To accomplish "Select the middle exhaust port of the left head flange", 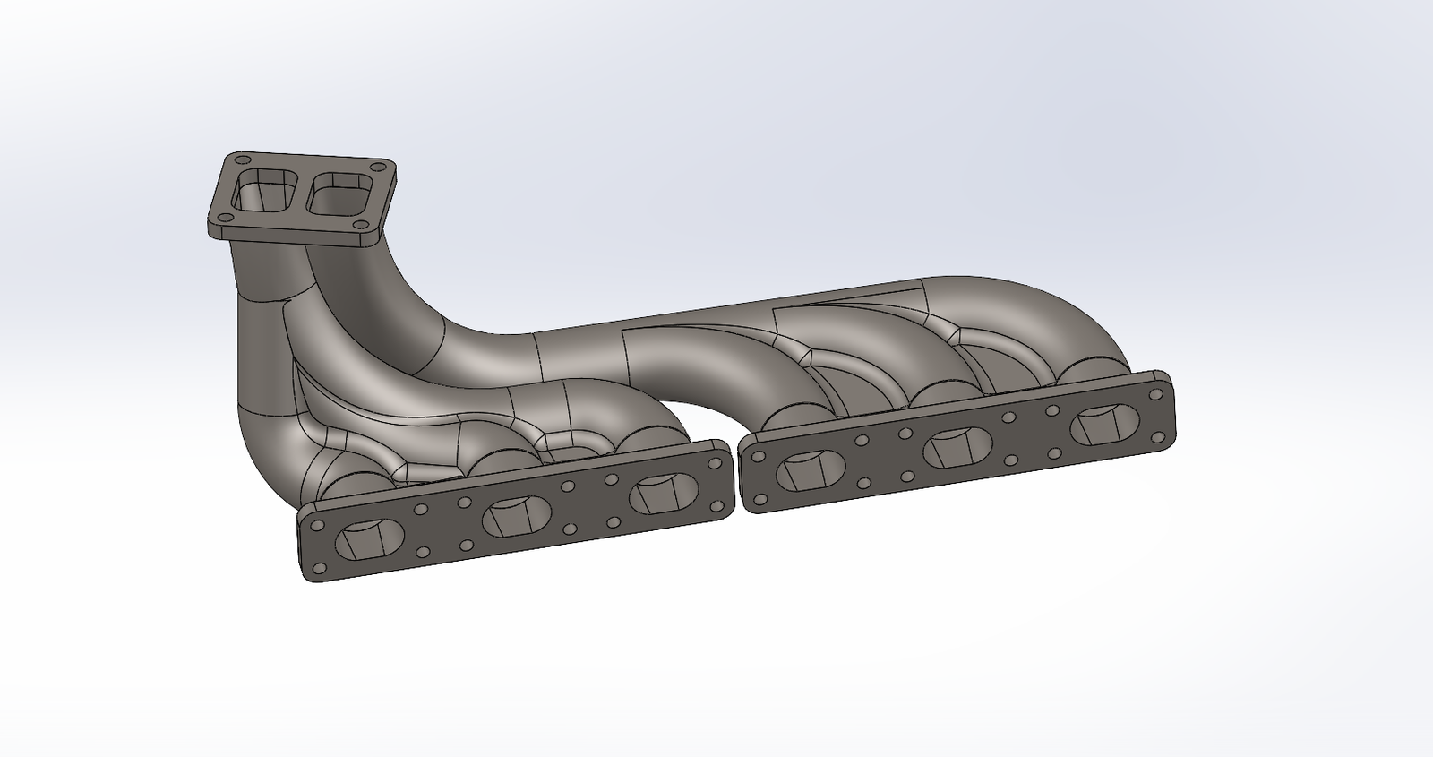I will click(517, 516).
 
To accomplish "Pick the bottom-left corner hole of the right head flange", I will click(760, 499).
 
